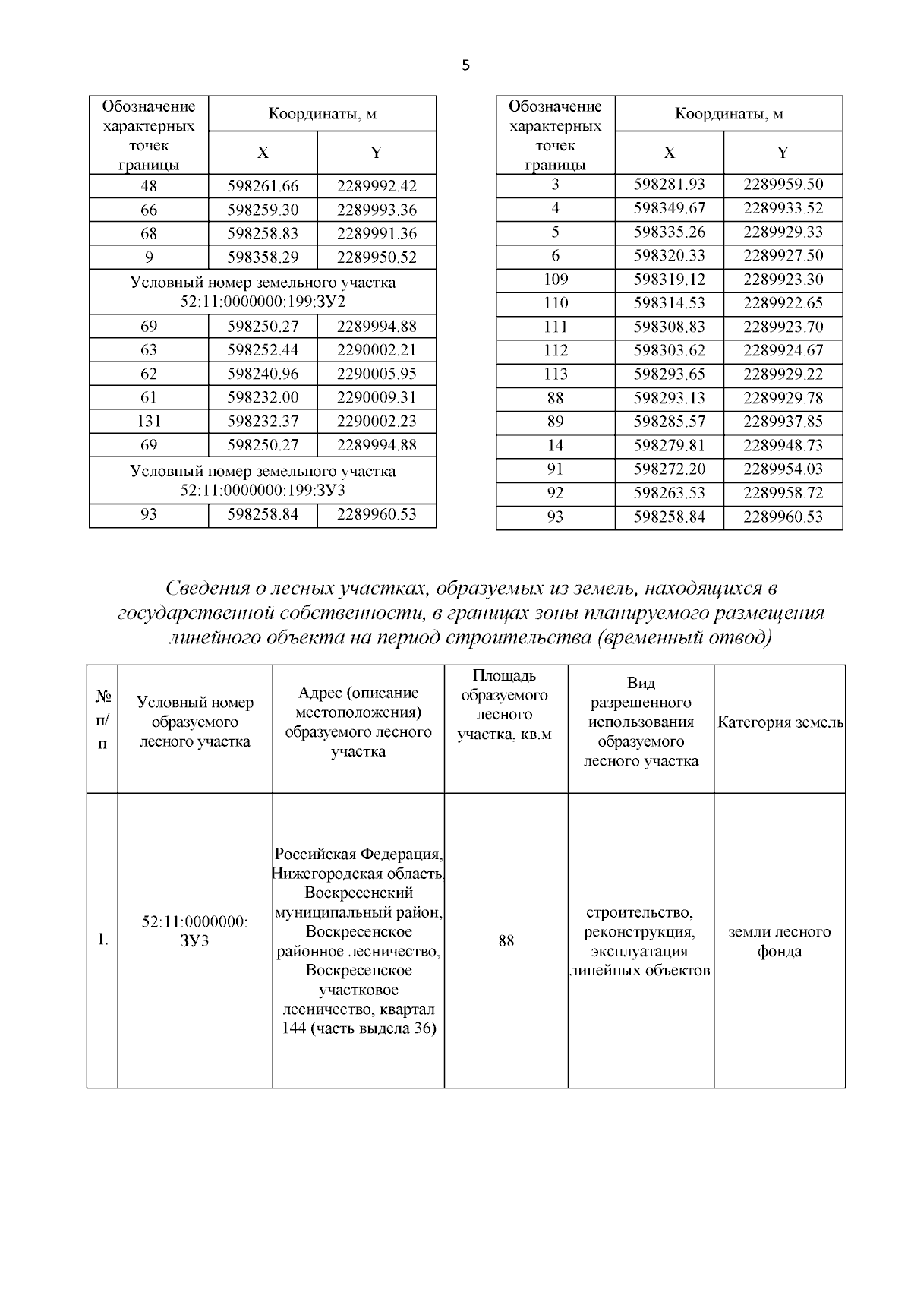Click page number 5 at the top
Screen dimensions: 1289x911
[465, 66]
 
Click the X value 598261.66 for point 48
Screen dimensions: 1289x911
[263, 186]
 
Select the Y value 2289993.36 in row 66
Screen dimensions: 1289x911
[377, 210]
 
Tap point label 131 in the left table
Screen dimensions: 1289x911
[149, 421]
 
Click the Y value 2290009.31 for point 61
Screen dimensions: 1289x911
[377, 397]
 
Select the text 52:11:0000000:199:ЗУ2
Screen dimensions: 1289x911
[263, 302]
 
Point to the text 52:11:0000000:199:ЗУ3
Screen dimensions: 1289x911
[263, 490]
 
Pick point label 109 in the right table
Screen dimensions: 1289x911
[556, 279]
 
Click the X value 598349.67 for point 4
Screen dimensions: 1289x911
[669, 208]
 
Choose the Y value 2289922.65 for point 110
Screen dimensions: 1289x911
[783, 303]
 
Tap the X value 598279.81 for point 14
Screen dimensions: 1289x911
[669, 445]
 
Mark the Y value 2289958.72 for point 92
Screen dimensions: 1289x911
[783, 493]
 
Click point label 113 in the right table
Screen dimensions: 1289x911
[556, 374]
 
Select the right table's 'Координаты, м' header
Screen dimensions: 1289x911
[729, 114]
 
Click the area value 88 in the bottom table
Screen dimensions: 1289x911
[506, 941]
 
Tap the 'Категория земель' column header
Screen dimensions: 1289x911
[780, 722]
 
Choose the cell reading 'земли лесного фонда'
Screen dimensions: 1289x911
[780, 941]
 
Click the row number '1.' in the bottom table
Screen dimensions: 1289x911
[102, 941]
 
